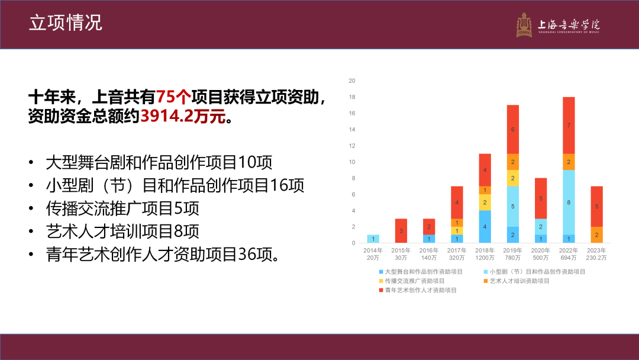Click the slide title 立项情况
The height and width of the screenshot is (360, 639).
click(x=66, y=22)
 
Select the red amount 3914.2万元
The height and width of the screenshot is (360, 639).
click(x=183, y=116)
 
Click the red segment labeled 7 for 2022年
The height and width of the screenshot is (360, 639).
click(x=569, y=125)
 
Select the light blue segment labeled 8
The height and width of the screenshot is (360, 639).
click(x=569, y=202)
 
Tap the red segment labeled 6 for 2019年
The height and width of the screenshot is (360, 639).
click(x=513, y=129)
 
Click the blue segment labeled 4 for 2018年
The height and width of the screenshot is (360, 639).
click(x=485, y=227)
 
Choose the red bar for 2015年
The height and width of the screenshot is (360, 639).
click(x=401, y=231)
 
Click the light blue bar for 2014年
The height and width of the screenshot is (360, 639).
click(x=373, y=239)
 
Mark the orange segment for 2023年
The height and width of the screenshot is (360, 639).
click(x=596, y=235)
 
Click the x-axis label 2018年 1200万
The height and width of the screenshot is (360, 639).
click(x=485, y=254)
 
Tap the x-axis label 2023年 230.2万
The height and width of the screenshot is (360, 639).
click(x=596, y=254)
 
